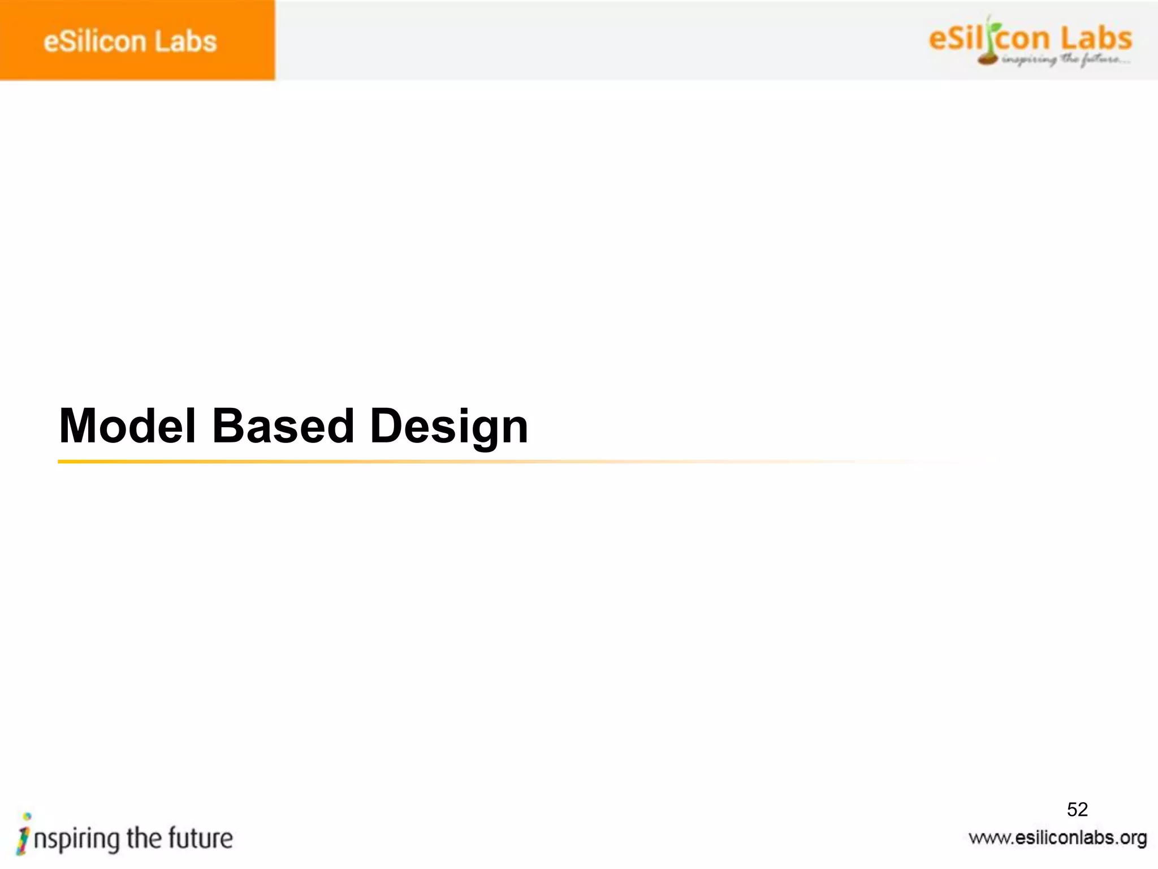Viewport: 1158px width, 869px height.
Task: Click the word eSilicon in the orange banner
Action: (x=94, y=41)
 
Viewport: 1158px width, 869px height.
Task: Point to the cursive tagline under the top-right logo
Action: (x=1065, y=59)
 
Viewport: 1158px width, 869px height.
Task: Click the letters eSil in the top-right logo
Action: (x=956, y=38)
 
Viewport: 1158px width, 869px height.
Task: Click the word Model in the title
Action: (x=128, y=425)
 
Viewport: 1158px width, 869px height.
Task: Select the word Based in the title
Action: (x=283, y=425)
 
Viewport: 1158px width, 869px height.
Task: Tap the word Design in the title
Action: (x=449, y=425)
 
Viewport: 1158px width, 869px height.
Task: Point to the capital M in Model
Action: (x=80, y=425)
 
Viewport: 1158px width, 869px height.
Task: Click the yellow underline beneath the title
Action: (x=339, y=462)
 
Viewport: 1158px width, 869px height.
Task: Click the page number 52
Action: (x=1077, y=810)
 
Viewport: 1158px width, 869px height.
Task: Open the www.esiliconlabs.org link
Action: (x=1057, y=837)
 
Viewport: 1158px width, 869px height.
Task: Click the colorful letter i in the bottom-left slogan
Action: (x=24, y=834)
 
